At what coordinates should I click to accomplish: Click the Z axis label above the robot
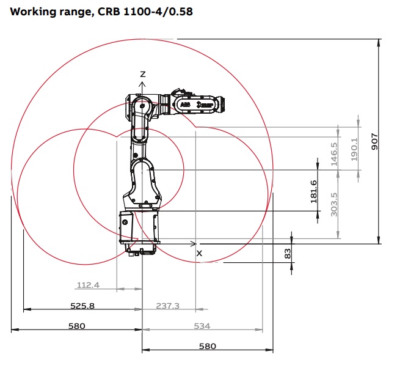[142, 74]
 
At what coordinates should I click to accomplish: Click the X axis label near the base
[198, 252]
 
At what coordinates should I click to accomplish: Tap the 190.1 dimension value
[354, 149]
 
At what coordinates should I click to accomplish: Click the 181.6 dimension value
[313, 191]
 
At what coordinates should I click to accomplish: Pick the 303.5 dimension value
[333, 204]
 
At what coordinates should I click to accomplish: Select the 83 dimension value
[288, 253]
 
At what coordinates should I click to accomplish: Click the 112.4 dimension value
[87, 285]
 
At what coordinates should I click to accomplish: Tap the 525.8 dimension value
[82, 306]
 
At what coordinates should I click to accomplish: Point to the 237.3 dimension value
[167, 306]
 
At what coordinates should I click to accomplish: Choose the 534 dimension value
[202, 326]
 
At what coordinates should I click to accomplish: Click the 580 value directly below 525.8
[76, 326]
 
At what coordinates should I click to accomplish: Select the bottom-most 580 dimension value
[208, 346]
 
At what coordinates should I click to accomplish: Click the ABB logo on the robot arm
[185, 105]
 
